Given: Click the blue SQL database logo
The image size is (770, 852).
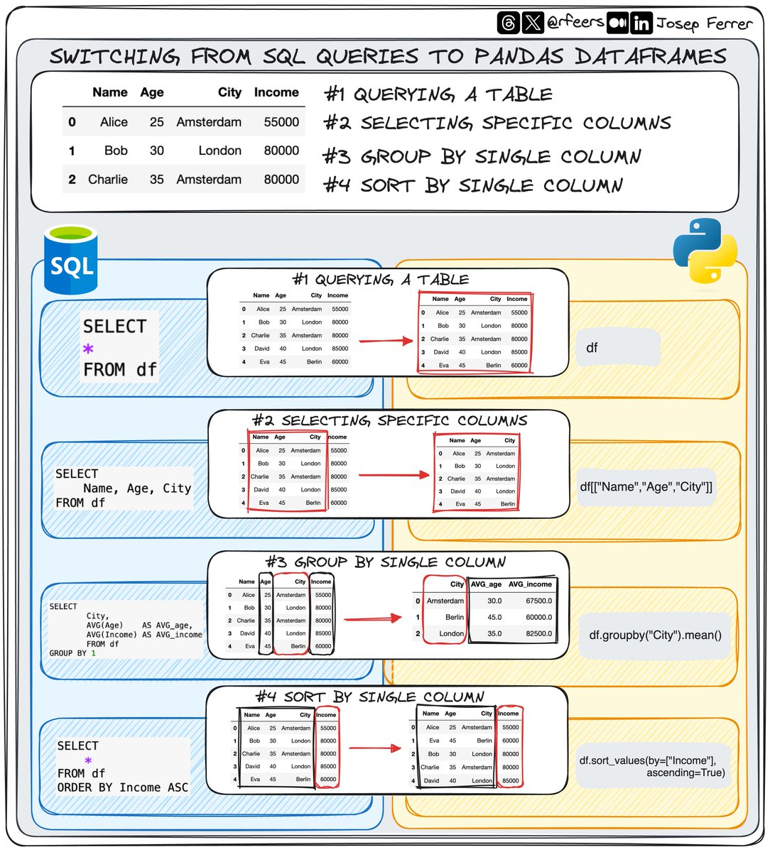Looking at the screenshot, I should coord(70,260).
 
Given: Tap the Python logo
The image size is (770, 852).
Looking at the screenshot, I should coord(705,250).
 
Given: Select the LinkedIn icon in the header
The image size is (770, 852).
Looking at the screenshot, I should coord(641,23).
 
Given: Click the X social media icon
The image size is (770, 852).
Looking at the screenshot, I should coord(533,23).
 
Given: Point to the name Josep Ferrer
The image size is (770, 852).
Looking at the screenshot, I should coord(703,23).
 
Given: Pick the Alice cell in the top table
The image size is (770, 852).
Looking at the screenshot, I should coord(114,122).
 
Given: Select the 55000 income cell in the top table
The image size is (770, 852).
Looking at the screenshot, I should coord(281,122).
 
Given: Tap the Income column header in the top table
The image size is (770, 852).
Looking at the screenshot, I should coord(276,92).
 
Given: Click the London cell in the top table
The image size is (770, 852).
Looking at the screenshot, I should coord(219,151).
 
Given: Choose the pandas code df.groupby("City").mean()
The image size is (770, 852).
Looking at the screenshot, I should coord(655,635).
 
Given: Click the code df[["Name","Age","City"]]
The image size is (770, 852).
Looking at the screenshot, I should coord(646,486).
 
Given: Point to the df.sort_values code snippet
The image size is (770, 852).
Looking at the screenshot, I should coord(652,766).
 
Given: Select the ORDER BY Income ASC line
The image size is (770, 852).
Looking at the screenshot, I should coord(123,787).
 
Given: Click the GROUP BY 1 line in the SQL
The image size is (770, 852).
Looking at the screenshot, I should coord(72,653).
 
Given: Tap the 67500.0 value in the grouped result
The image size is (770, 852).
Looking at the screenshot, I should coord(538,601).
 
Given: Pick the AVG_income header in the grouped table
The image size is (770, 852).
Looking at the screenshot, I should coord(530,584).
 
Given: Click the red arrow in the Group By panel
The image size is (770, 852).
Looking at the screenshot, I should coord(373,618).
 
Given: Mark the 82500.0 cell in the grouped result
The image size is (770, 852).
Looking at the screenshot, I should coord(538,633).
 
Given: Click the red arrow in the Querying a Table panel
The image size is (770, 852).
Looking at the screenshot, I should coord(386,341).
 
